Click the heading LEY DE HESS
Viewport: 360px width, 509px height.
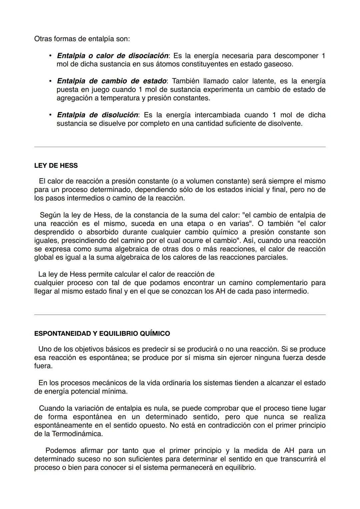pos(56,166)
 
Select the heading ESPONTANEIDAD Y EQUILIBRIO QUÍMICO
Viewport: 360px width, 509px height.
pos(102,334)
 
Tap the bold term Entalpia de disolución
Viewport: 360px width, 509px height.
pos(97,115)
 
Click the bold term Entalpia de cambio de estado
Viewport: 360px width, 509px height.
pos(112,81)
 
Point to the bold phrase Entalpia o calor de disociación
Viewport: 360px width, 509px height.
pos(113,56)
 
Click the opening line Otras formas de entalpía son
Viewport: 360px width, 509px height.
pos(82,39)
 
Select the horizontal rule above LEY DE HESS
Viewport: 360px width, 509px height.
pos(180,147)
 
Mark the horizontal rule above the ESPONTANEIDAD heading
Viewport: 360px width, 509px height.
pos(180,314)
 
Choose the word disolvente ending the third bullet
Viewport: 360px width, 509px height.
pos(284,124)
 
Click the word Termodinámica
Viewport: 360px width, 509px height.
pos(77,434)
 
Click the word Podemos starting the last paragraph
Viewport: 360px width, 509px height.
pos(60,451)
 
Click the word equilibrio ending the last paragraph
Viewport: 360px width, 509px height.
pos(240,468)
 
